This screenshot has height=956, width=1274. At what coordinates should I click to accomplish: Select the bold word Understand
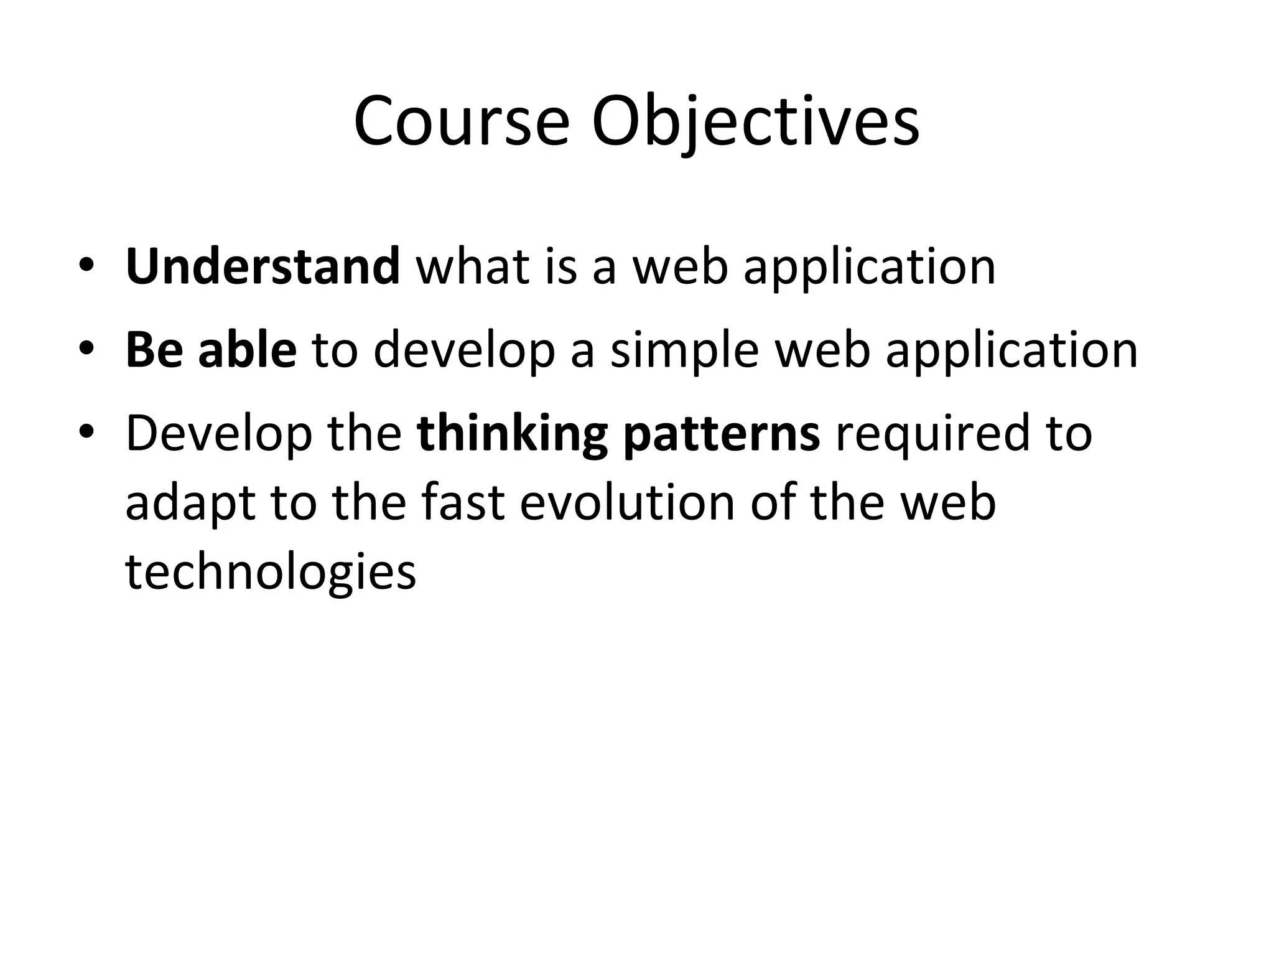262,266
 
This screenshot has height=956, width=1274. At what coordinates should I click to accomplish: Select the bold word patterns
721,434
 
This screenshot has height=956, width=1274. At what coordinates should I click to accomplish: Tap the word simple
684,350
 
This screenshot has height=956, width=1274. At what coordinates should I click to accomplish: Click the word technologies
271,571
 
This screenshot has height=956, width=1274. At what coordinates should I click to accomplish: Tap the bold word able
247,349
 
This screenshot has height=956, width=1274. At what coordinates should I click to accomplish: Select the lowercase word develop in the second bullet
464,350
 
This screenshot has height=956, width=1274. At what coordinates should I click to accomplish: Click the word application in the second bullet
1011,350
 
